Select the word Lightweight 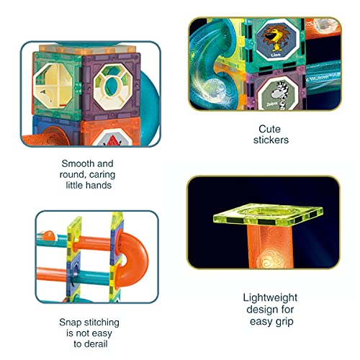[x=271, y=297]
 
